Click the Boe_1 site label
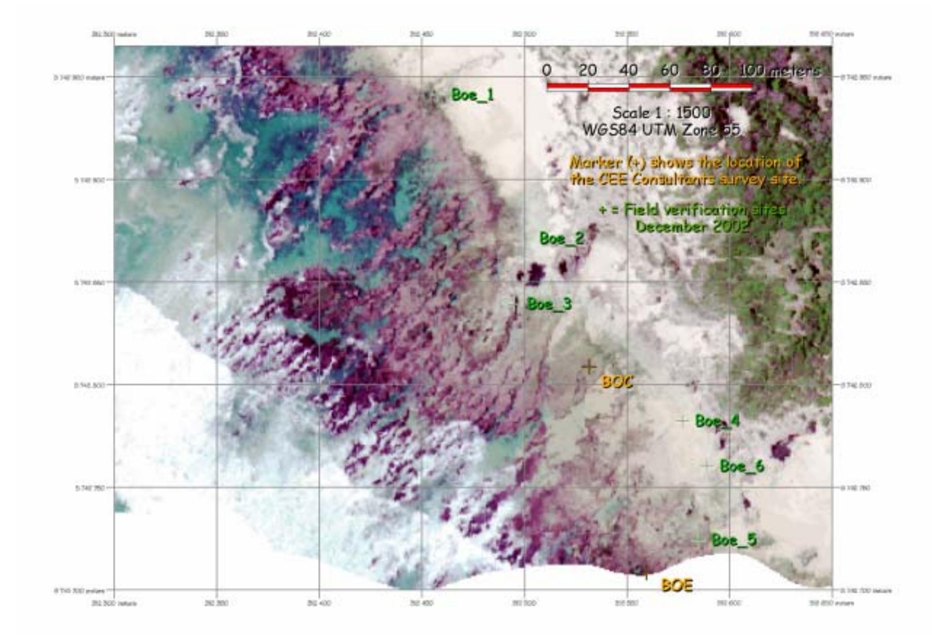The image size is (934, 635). [473, 95]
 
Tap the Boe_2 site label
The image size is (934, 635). [562, 238]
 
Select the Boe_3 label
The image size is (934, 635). [549, 304]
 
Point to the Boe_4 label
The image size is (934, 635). [717, 421]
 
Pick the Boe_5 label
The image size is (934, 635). [733, 540]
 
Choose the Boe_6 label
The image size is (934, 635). [742, 466]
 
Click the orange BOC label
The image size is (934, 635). [617, 382]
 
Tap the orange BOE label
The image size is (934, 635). [677, 585]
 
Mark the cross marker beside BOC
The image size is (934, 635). [589, 366]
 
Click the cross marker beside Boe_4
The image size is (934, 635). [682, 421]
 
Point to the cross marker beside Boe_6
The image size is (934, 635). [706, 466]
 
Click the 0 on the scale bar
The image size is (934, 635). [547, 70]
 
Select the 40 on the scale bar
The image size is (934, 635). [629, 70]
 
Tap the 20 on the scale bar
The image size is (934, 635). [587, 70]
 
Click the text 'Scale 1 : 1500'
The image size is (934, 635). [661, 113]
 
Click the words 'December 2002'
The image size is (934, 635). [692, 226]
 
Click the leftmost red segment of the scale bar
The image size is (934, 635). [567, 86]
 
